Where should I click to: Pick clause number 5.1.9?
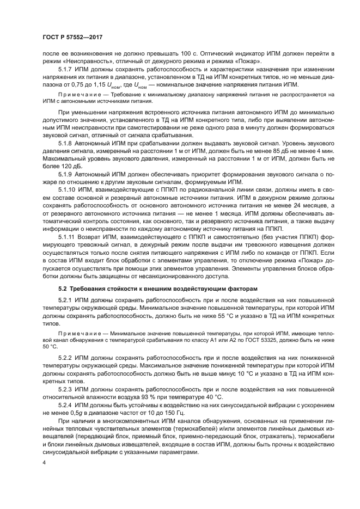click(67, 174)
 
